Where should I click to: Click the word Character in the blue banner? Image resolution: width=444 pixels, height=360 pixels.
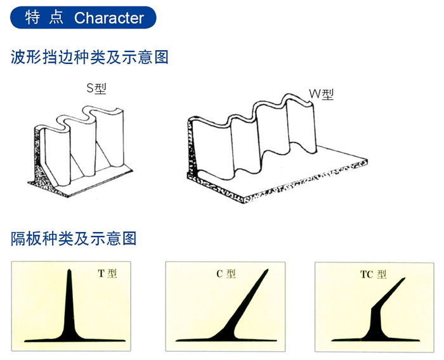[x=109, y=18]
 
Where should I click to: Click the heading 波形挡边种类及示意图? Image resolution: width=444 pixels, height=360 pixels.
[x=90, y=57]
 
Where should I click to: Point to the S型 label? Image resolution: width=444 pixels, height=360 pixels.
[x=97, y=89]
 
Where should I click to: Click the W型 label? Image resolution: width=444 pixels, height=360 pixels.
[x=321, y=94]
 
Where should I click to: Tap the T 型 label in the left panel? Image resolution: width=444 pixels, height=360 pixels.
[x=107, y=274]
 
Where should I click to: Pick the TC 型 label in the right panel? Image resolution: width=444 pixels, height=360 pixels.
[x=373, y=274]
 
